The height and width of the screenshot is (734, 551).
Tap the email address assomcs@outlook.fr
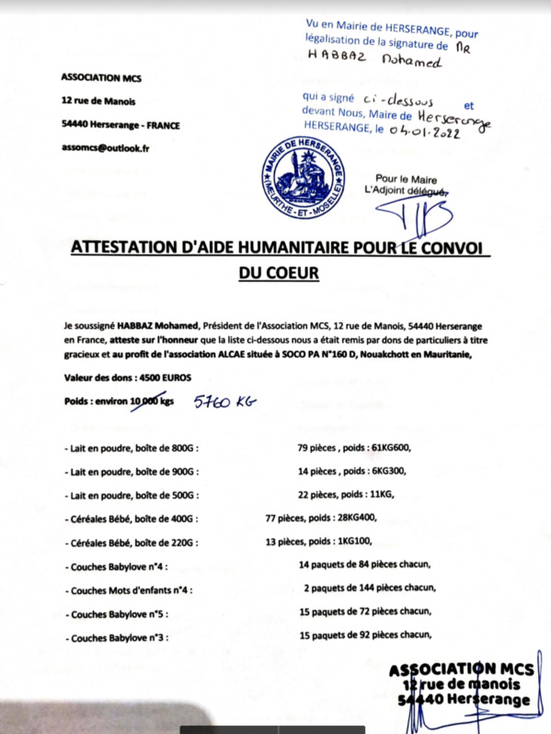pyautogui.click(x=106, y=147)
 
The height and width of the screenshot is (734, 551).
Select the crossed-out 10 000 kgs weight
pyautogui.click(x=148, y=402)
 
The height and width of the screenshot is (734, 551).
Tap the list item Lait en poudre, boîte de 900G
pyautogui.click(x=132, y=471)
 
